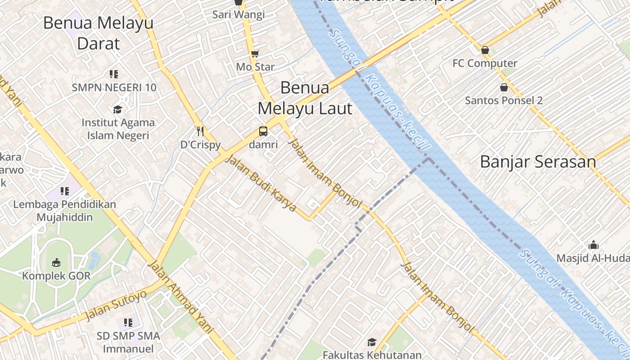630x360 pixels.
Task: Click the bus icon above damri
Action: point(263,131)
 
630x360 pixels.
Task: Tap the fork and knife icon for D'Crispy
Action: point(201,131)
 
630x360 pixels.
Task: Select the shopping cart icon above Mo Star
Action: point(255,54)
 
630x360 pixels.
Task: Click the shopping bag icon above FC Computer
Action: point(485,49)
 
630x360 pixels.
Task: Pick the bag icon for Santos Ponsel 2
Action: point(504,87)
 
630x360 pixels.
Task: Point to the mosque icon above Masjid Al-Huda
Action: point(594,245)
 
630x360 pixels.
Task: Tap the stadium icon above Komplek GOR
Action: point(56,262)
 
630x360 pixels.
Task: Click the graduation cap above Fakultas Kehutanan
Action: point(372,342)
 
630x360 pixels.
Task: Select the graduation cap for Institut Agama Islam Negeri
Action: point(117,109)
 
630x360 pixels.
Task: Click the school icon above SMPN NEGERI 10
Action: point(114,74)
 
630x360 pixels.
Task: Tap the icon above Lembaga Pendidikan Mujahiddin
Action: point(65,191)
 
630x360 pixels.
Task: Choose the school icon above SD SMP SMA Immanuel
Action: point(128,322)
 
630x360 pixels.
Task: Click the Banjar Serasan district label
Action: point(538,162)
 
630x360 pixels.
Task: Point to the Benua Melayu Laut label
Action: point(305,98)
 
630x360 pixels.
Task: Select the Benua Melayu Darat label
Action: point(99,33)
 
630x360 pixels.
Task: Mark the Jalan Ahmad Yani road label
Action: point(180,297)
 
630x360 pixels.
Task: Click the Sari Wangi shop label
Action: point(238,14)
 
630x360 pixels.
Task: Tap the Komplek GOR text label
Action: point(56,276)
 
